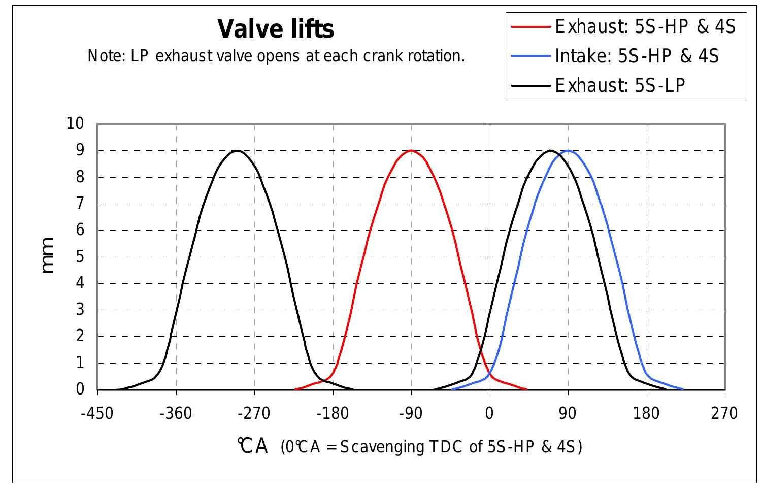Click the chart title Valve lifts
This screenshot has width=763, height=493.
click(276, 29)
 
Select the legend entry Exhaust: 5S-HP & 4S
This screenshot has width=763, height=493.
click(645, 26)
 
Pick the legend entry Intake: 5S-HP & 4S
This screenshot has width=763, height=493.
click(637, 55)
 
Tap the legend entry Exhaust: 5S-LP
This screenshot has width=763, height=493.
click(620, 85)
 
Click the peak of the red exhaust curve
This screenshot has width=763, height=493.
click(411, 150)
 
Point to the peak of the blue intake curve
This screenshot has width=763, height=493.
click(569, 151)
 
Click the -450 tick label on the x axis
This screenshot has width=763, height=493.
click(97, 413)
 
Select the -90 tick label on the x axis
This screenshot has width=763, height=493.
click(411, 413)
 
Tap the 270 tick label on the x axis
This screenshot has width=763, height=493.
click(724, 413)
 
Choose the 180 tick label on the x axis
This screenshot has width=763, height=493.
click(646, 413)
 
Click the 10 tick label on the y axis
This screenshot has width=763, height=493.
click(76, 123)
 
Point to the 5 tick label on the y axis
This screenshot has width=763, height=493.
click(80, 256)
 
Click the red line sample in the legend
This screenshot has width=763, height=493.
click(530, 26)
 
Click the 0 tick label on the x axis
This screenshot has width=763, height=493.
click(489, 413)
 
